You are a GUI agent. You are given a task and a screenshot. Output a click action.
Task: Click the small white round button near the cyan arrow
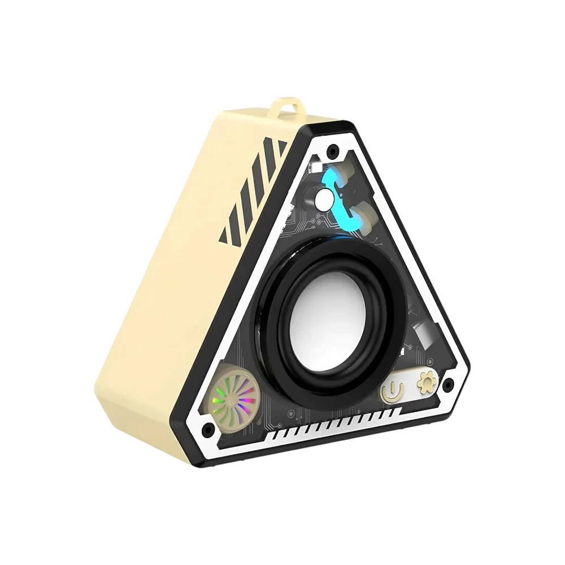[324, 199]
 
